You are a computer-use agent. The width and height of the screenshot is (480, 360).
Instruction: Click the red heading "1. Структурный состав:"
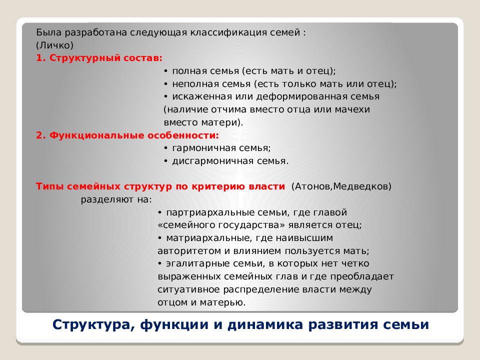(x=99, y=58)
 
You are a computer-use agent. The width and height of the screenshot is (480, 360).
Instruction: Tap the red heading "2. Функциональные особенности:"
(x=127, y=135)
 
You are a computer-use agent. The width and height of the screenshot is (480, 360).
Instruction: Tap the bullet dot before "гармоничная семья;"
(x=165, y=148)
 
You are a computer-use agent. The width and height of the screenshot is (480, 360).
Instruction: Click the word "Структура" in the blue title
(x=90, y=325)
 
